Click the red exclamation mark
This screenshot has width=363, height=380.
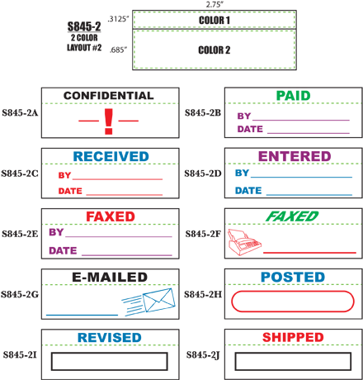(x=109, y=121)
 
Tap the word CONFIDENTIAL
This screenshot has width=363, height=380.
(x=109, y=96)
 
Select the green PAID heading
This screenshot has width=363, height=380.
(x=293, y=96)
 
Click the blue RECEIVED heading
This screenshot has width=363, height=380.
(x=111, y=156)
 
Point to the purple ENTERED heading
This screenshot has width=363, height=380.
(x=295, y=156)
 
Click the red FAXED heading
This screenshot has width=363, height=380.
(x=111, y=216)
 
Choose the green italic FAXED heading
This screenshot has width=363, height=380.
(x=292, y=216)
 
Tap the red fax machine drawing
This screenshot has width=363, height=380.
(x=244, y=242)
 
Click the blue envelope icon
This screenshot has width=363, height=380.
(x=159, y=300)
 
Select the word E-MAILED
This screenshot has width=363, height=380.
(x=110, y=277)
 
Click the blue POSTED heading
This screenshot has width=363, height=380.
(x=293, y=277)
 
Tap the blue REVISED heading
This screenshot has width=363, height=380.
(x=110, y=338)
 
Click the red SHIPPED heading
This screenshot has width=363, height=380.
(x=293, y=337)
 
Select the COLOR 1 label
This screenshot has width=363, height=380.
(x=214, y=20)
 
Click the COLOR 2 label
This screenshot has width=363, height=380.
(x=214, y=50)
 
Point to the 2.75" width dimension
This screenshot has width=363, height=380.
(x=214, y=4)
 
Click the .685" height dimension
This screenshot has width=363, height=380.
(x=118, y=50)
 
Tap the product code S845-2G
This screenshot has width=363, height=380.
(x=20, y=294)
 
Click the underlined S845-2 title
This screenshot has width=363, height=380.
(x=84, y=26)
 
